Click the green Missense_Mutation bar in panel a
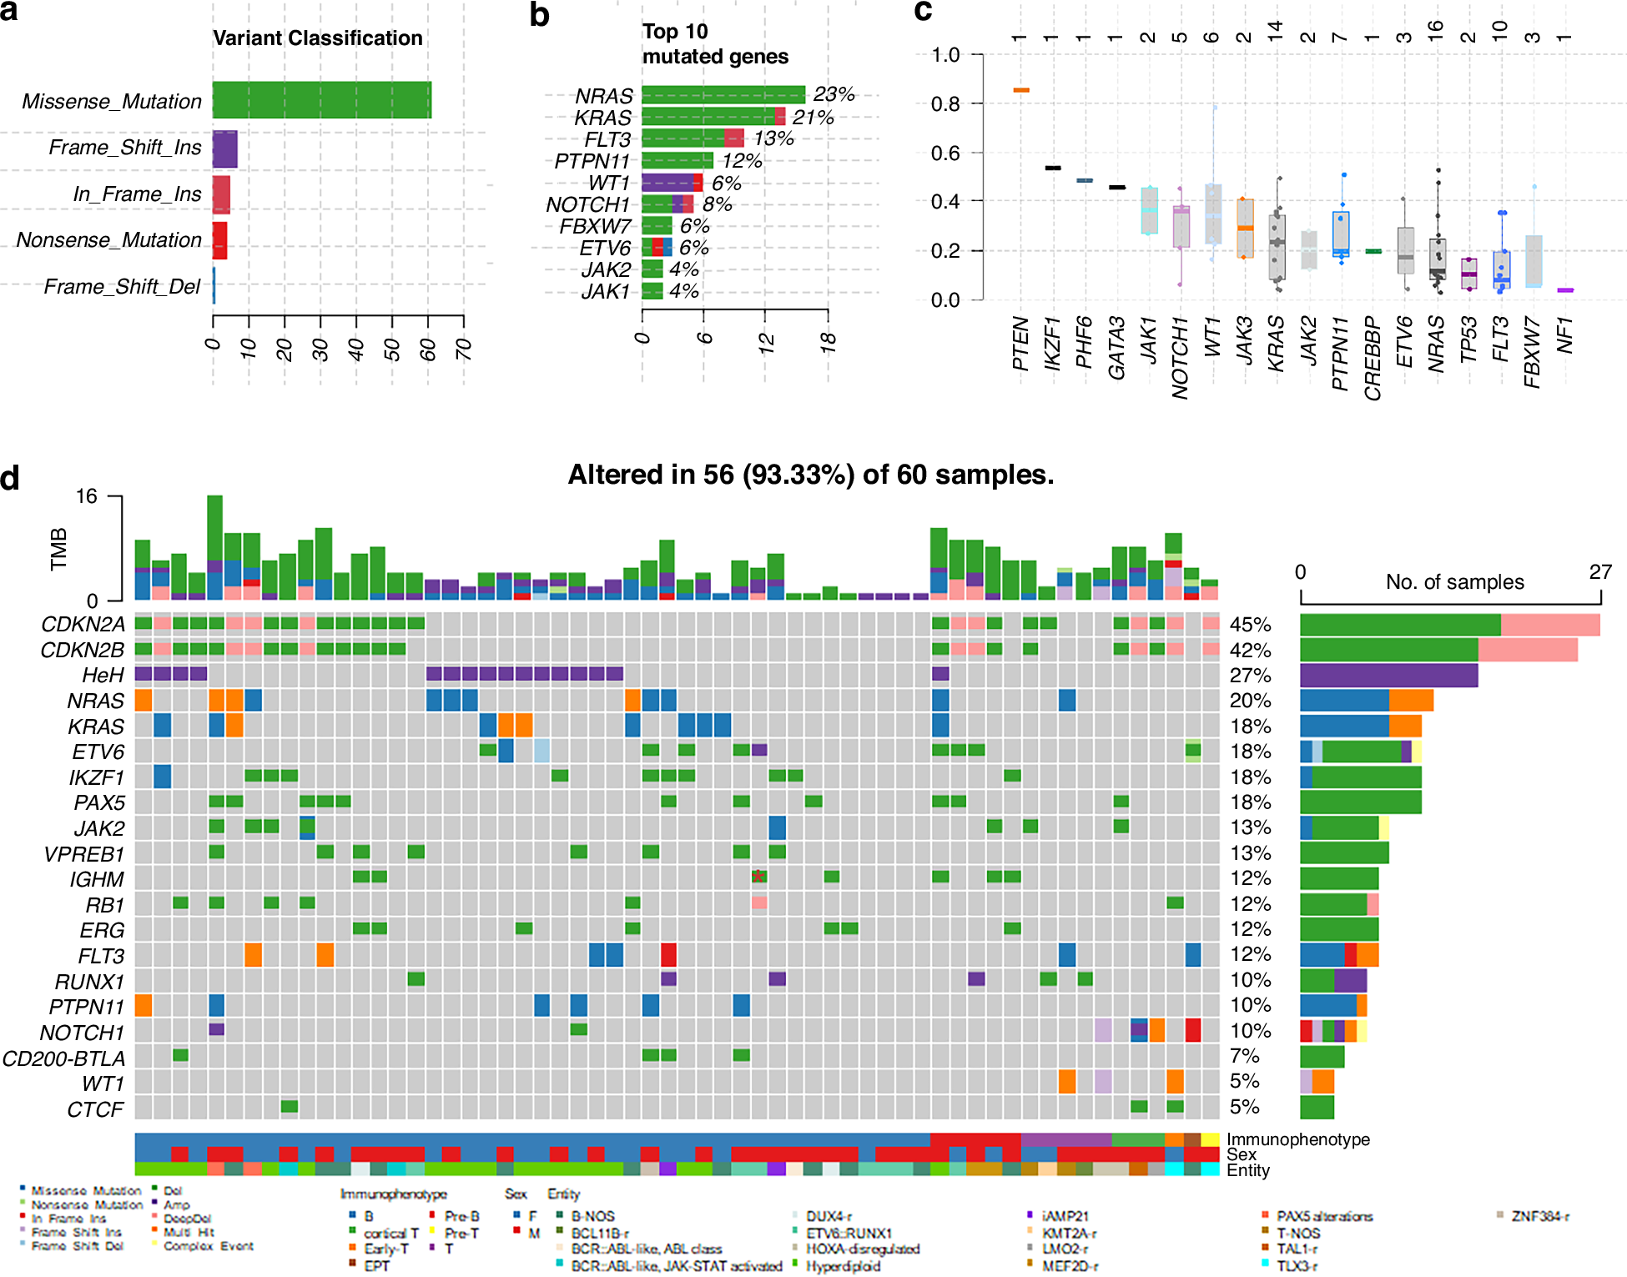321,100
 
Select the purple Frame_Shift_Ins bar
224,148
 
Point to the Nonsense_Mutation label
109,240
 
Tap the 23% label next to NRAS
834,94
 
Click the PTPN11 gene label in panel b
592,161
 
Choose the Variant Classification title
317,38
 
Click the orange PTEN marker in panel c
1020,90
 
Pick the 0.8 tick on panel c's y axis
945,104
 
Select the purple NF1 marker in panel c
1565,290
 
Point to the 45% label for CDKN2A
1250,625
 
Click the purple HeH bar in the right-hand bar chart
1388,675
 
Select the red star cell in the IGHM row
758,877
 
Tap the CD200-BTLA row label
63,1058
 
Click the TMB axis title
58,549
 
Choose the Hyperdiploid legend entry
843,1266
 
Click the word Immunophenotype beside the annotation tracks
1297,1139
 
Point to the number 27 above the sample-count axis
1600,572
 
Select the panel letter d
10,479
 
